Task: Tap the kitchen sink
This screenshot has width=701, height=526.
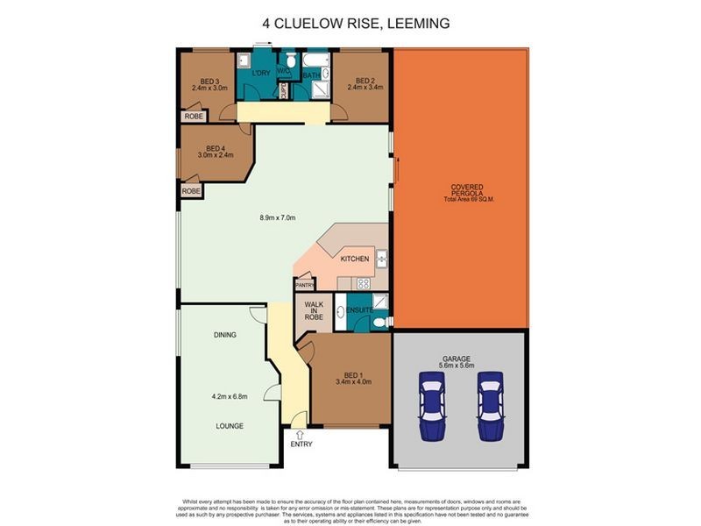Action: pyautogui.click(x=382, y=259)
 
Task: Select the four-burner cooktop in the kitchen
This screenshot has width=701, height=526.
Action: pyautogui.click(x=362, y=282)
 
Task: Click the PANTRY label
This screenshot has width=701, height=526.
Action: pyautogui.click(x=305, y=285)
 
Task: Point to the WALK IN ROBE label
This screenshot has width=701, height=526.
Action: pyautogui.click(x=315, y=312)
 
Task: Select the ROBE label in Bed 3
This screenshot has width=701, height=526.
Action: pyautogui.click(x=191, y=116)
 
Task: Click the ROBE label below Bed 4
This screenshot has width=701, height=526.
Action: pyautogui.click(x=191, y=191)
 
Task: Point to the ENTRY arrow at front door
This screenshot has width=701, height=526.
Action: pyautogui.click(x=301, y=432)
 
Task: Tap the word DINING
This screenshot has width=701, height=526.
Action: pyautogui.click(x=225, y=335)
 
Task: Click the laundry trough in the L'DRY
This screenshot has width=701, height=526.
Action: pyautogui.click(x=246, y=60)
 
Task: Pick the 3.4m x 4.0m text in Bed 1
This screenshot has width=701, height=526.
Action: pyautogui.click(x=354, y=381)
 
